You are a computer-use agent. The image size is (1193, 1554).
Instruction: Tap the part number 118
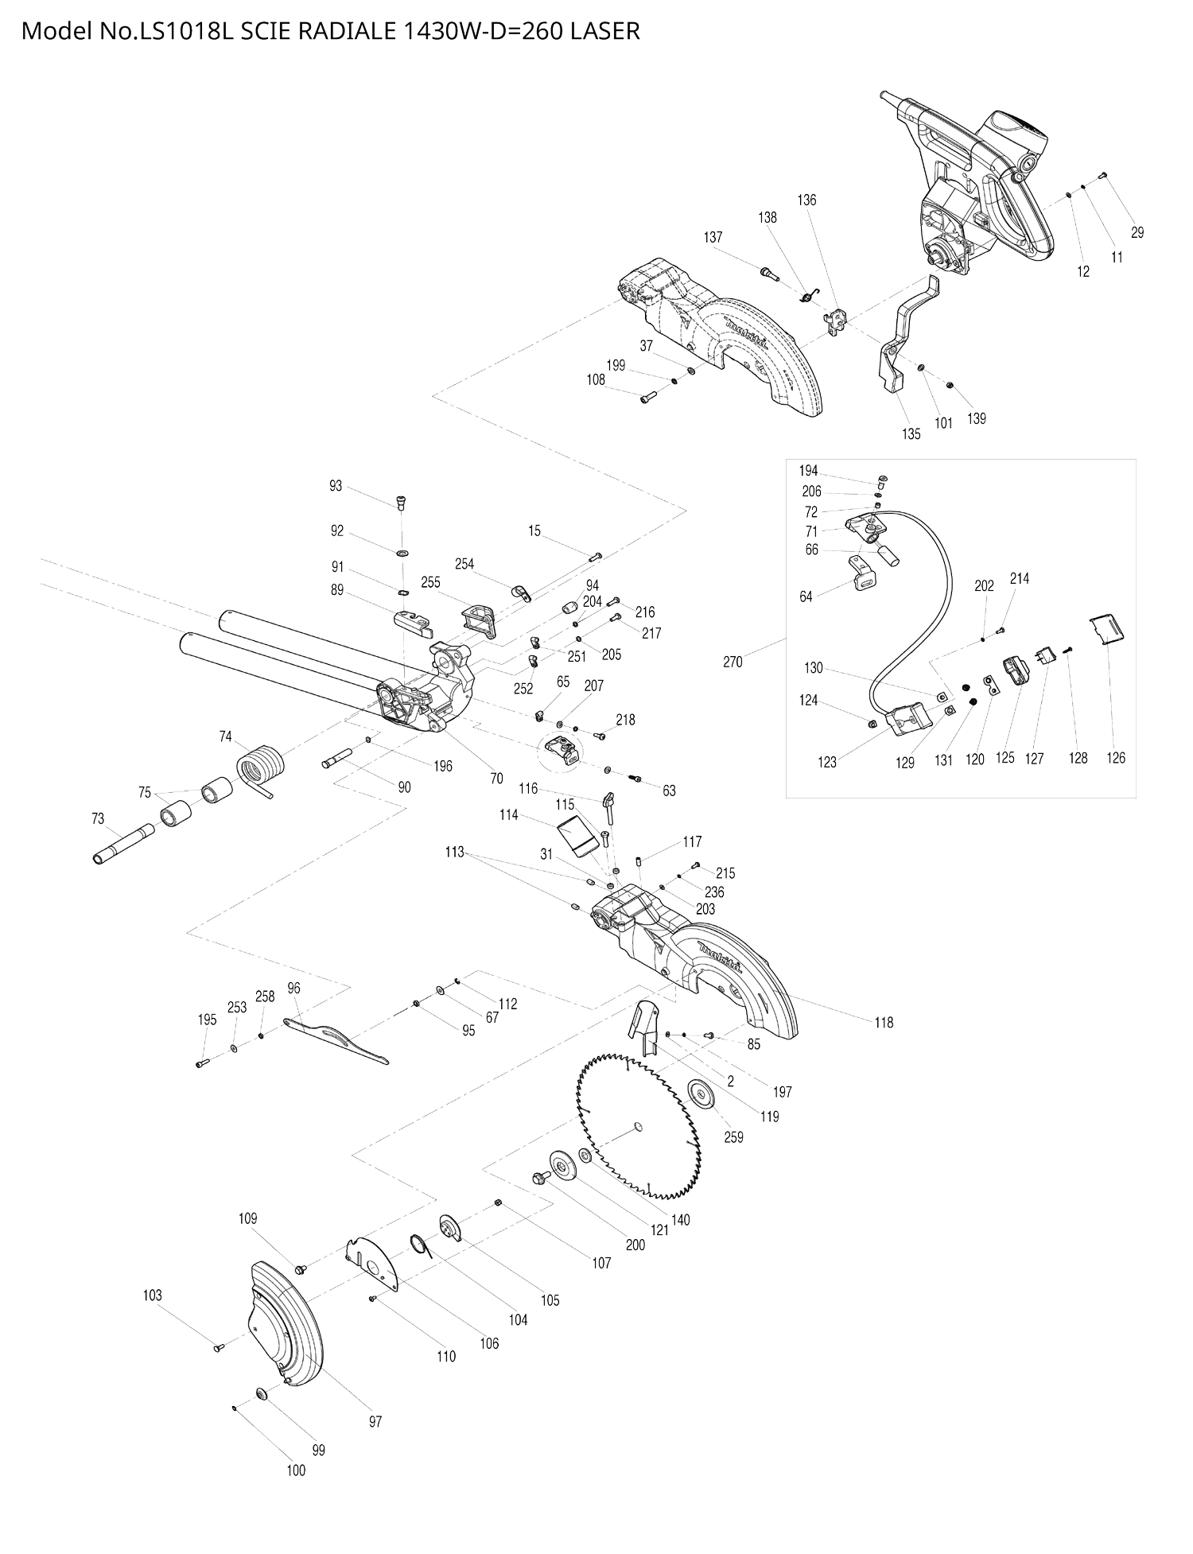click(884, 1023)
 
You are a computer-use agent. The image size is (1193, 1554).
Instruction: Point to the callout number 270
click(733, 661)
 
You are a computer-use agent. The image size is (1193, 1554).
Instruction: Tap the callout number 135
click(911, 433)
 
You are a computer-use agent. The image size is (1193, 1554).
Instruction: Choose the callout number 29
click(1137, 232)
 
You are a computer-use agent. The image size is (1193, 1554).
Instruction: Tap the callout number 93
click(336, 485)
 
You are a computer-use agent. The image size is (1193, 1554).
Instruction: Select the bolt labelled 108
click(646, 397)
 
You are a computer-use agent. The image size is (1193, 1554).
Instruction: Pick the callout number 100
click(296, 1470)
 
